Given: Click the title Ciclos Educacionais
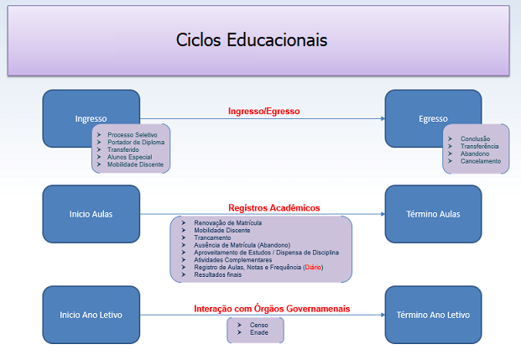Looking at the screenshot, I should point(252,40).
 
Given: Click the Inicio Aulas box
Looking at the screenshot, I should point(91,214).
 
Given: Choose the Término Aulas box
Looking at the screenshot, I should point(433,214).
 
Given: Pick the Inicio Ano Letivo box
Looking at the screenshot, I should point(91,315).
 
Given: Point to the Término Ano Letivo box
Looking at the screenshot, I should point(433,315).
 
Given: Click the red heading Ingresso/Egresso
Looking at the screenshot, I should point(264,111).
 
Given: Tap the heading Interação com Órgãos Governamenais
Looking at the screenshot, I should point(272,309).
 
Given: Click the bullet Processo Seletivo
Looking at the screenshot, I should point(132,135).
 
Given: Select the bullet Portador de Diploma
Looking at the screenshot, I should point(135,143).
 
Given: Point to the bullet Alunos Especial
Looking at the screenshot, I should point(129,157).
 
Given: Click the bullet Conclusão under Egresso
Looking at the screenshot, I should point(476,138).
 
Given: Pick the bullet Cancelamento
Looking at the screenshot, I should point(480,160).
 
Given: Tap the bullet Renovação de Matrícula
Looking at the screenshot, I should point(227,222).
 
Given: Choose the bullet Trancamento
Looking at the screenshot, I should point(214,237).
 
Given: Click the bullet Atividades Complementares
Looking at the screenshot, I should point(232,260).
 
